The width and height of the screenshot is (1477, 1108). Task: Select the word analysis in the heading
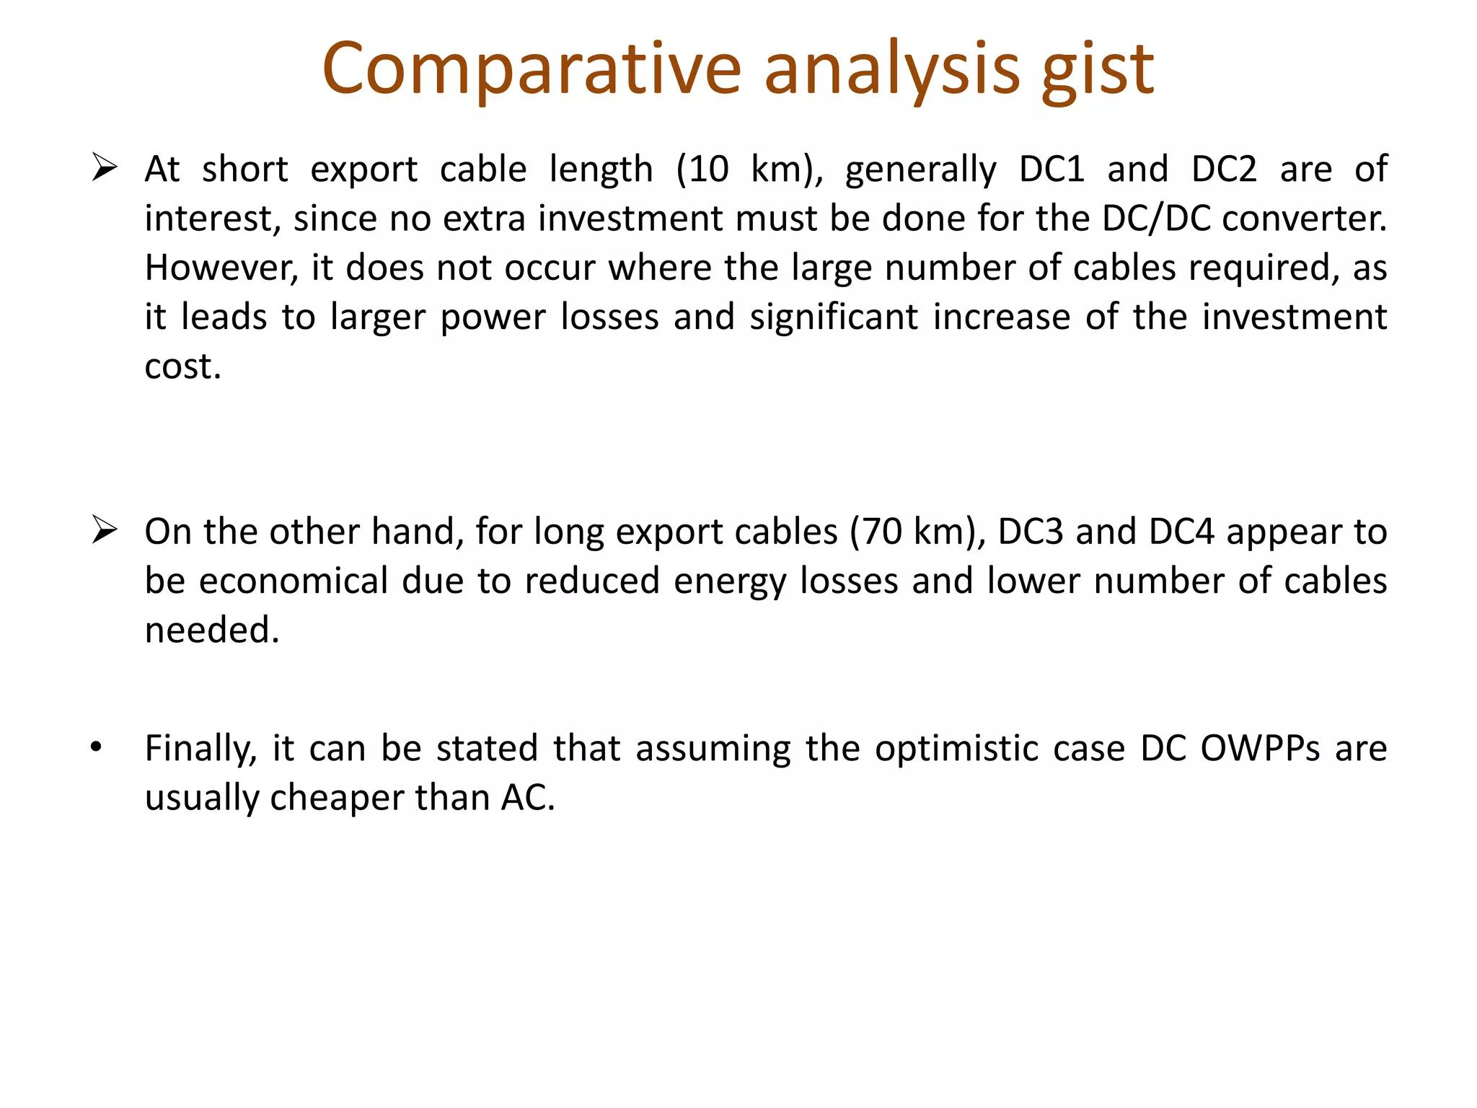pos(891,71)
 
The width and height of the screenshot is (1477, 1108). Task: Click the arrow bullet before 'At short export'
pos(105,169)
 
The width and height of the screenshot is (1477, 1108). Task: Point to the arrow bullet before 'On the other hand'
pos(105,531)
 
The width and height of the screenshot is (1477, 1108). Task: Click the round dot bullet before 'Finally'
pos(97,747)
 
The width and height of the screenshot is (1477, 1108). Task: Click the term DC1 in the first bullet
pos(1051,170)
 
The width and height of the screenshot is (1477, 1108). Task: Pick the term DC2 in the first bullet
pos(1224,170)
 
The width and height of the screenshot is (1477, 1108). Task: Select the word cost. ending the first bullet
pos(182,366)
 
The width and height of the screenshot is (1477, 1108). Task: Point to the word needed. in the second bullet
pos(212,630)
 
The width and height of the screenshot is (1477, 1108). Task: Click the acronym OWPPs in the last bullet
pos(1260,748)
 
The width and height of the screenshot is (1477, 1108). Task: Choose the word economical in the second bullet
pos(294,581)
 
